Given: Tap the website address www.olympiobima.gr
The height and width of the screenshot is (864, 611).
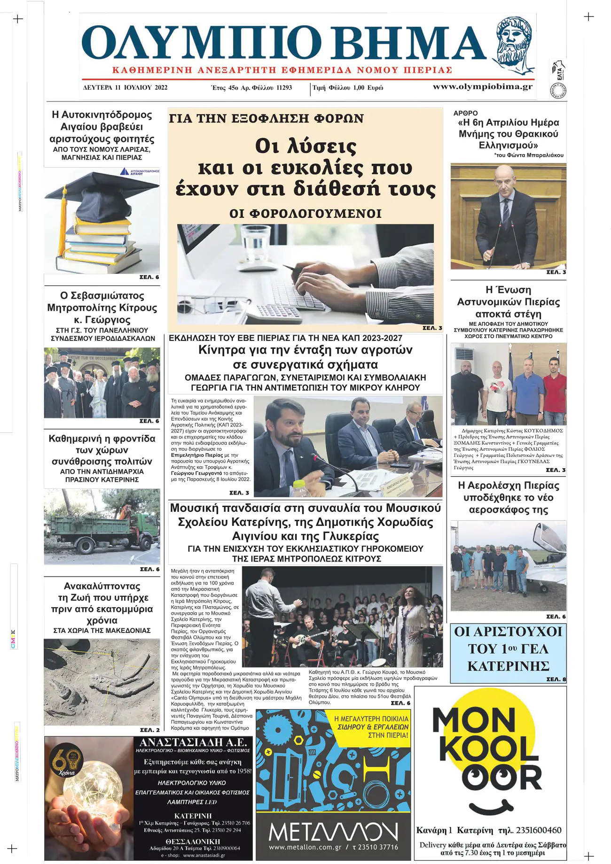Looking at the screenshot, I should click(483, 87).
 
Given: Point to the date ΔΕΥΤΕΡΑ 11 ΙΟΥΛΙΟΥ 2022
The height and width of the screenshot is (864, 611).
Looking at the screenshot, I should click(125, 88).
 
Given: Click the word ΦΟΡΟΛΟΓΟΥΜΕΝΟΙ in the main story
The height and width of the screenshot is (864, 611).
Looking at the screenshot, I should click(305, 214).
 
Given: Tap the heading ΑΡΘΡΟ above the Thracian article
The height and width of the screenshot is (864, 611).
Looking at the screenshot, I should click(465, 113).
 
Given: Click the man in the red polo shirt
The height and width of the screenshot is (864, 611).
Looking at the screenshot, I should click(555, 392).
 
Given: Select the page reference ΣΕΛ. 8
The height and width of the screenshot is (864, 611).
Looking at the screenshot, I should click(556, 679).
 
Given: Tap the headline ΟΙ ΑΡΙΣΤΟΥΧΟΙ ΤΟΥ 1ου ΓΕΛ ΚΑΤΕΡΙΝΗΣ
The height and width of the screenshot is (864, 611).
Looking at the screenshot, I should click(508, 649).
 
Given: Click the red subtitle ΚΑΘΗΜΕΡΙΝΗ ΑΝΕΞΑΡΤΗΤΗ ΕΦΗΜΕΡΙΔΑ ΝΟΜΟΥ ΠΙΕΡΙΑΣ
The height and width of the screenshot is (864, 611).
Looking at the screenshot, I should click(282, 70).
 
